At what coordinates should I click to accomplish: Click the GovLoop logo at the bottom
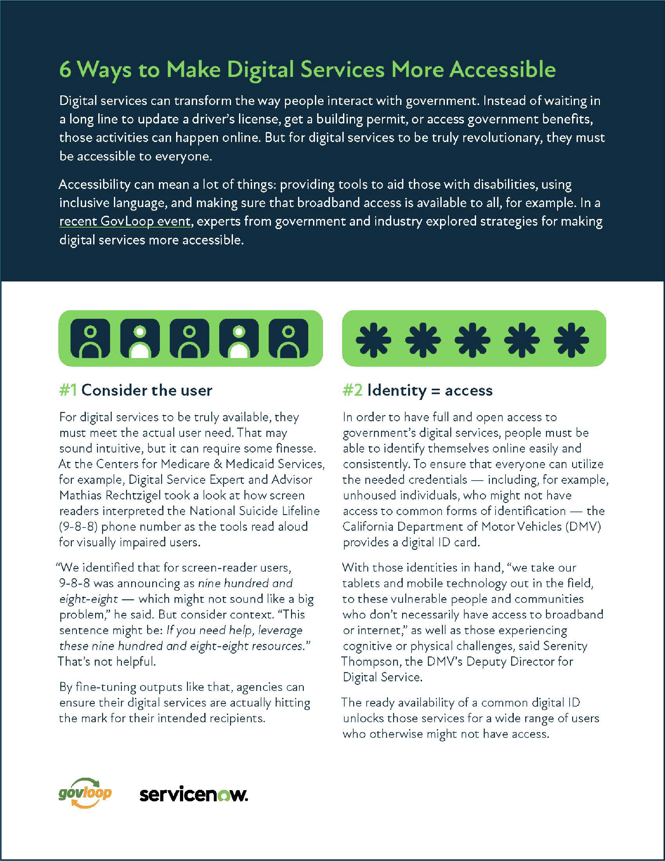85,793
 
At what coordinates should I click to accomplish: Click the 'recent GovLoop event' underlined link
125,221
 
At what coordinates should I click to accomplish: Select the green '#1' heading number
68,390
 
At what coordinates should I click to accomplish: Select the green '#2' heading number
352,390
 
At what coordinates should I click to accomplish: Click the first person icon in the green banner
90,338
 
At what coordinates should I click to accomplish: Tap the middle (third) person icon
190,338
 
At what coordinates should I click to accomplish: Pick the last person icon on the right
288,338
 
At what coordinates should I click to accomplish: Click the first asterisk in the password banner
373,340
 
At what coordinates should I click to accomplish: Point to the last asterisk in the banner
571,340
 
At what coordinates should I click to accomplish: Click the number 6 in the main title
65,70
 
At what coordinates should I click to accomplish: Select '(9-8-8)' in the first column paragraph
78,527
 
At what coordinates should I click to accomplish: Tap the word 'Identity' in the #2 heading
397,390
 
